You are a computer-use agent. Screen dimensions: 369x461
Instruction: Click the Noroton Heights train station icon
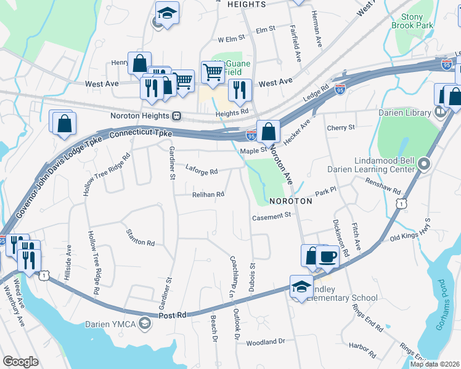(x=176, y=116)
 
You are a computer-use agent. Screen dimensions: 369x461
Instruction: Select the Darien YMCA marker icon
(x=144, y=323)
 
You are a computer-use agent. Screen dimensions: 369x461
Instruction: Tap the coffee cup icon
(x=327, y=256)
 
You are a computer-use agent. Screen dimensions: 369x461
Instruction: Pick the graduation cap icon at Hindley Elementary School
(x=301, y=287)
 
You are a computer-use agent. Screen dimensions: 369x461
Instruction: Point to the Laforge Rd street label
(x=202, y=172)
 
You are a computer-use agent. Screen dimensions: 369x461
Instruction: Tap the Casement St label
(x=271, y=216)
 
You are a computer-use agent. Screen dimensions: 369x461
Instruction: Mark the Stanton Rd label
(x=140, y=238)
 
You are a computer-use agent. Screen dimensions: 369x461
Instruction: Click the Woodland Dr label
(x=265, y=341)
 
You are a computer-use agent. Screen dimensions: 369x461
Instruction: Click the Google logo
(x=20, y=362)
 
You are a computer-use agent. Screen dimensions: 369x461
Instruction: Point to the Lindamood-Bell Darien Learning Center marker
(x=423, y=164)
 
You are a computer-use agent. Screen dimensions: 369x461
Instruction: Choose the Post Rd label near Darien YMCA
(x=173, y=315)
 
